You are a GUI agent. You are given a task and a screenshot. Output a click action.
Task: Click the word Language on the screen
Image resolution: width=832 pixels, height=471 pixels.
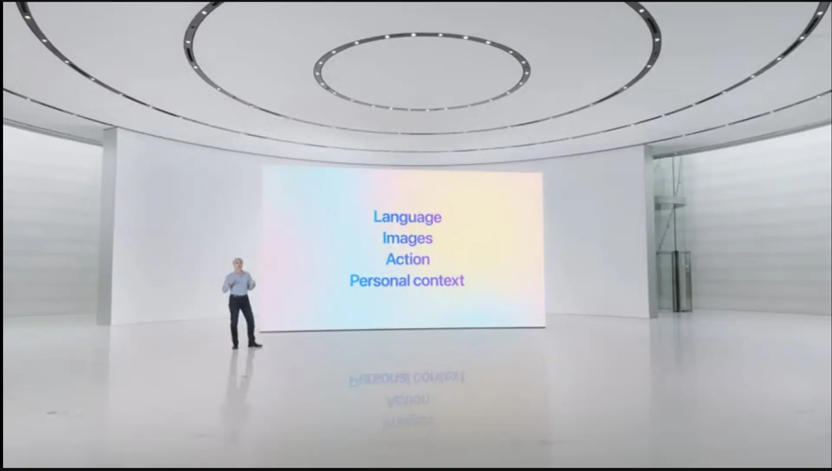click(407, 217)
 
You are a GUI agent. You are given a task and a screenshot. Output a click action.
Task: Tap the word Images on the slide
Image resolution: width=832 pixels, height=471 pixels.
click(407, 238)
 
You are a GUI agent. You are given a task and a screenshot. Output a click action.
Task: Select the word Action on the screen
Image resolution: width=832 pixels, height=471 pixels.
click(408, 259)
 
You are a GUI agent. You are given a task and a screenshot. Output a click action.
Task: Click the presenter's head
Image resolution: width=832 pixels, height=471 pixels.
click(238, 265)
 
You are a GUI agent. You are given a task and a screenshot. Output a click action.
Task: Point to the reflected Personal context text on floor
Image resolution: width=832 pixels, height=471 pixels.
click(406, 378)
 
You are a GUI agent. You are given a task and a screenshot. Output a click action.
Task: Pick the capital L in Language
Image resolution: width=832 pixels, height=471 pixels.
click(378, 216)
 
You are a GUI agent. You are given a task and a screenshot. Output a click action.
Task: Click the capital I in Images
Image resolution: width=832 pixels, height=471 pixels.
click(384, 237)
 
